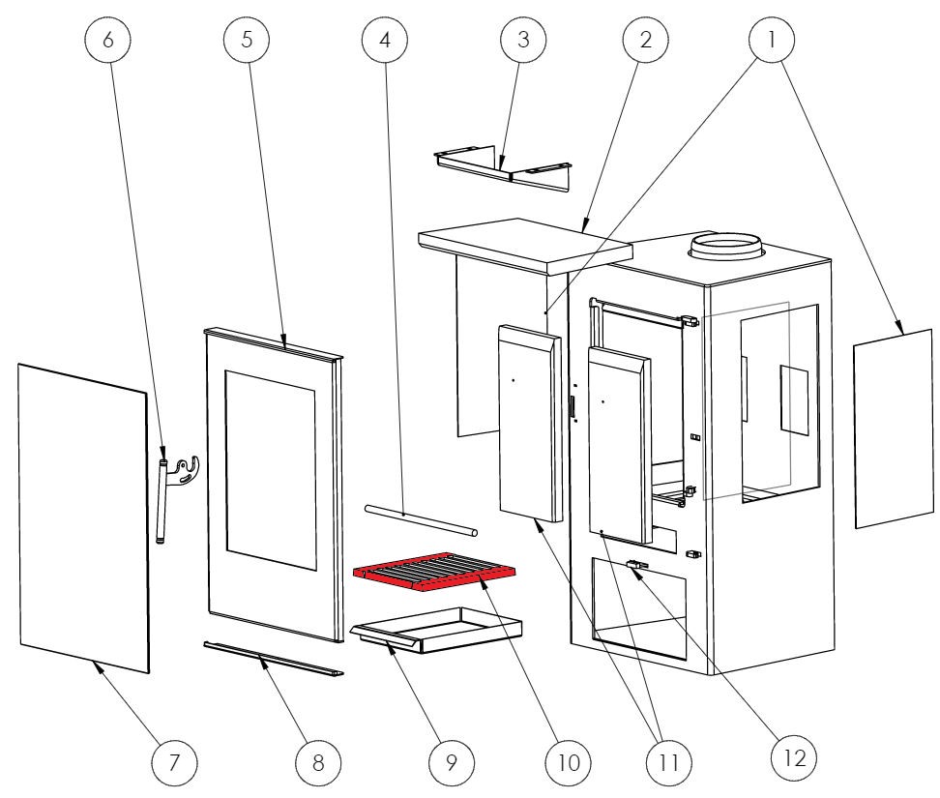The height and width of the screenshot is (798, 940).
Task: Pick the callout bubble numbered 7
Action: (174, 761)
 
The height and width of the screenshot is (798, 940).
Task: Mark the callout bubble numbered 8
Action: (317, 761)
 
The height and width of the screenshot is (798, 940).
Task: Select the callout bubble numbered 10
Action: (568, 761)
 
